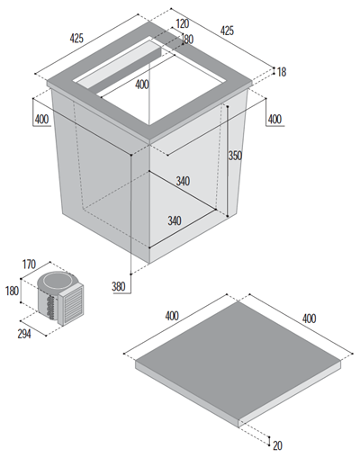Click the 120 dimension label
pos(183,23)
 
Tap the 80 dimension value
pos(189,40)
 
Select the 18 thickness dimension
pos(282,72)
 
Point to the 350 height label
pos(235,156)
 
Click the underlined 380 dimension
pos(119,286)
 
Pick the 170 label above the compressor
pos(29,265)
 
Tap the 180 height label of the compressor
pos(12,291)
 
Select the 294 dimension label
pos(24,334)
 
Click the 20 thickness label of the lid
pos(277,445)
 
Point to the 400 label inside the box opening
pos(142,85)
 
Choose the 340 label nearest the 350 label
pos(183,181)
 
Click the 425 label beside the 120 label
pos(227,31)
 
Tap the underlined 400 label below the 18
pos(274,120)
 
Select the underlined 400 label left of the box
pos(41,120)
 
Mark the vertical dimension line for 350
pos(228,161)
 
